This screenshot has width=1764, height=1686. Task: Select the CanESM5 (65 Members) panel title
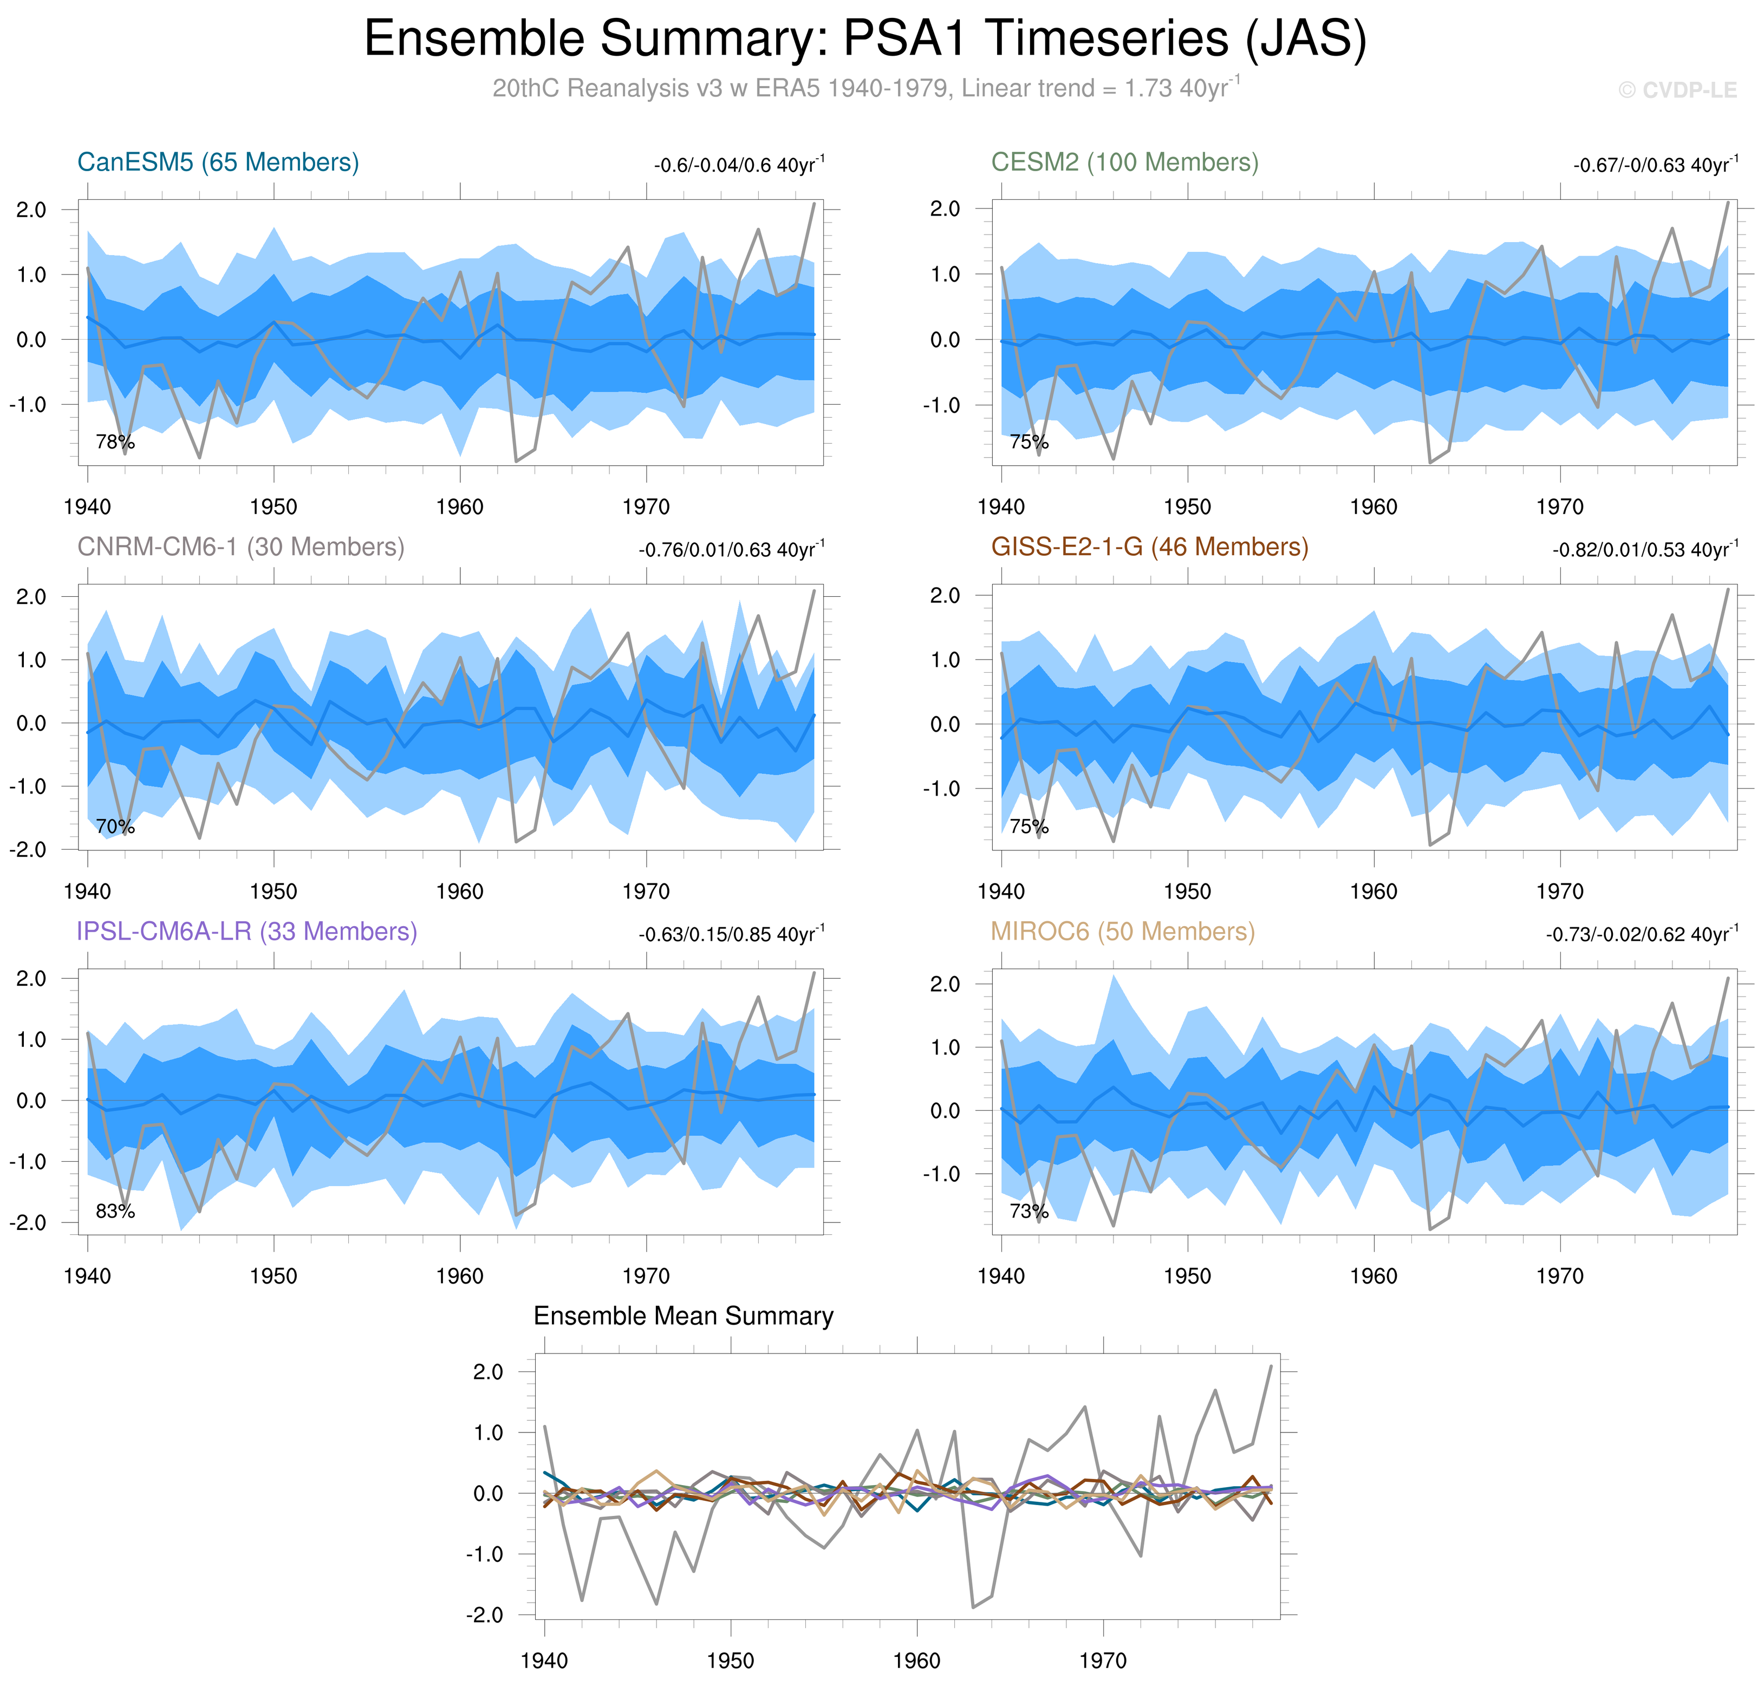[218, 162]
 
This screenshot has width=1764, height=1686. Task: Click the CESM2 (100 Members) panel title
[1124, 162]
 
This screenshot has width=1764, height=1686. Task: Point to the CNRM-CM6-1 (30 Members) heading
[241, 548]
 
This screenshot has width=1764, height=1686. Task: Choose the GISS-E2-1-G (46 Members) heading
[1149, 548]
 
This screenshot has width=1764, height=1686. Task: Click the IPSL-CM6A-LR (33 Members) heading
[247, 932]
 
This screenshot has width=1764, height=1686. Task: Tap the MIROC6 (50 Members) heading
[1122, 932]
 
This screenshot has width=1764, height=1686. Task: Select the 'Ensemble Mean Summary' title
[683, 1317]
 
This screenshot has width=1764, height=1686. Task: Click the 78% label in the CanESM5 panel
[115, 442]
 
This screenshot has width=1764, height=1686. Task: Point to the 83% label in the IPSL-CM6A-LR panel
[115, 1212]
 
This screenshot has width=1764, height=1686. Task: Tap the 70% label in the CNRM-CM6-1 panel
[115, 827]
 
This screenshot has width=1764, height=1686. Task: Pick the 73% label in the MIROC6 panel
[1029, 1212]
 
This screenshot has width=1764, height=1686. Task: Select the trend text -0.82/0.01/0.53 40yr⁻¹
[1644, 550]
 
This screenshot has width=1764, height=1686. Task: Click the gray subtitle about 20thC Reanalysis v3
[865, 88]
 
